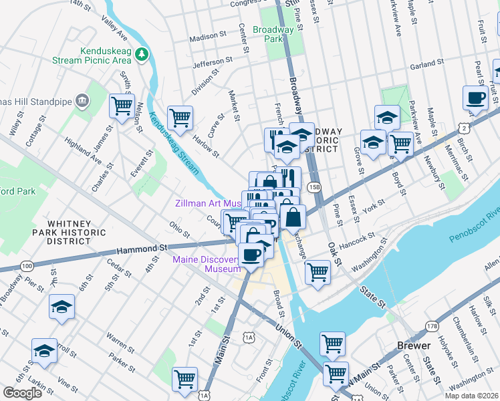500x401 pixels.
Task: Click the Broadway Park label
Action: [273, 35]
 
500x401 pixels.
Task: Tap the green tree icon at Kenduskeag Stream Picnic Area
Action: [142, 54]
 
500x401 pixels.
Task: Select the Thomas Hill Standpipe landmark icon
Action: [82, 100]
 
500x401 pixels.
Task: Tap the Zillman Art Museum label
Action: [207, 203]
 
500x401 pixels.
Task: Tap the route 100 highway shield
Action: [27, 266]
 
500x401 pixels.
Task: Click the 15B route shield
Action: [315, 188]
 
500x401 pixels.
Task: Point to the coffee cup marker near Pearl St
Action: [475, 98]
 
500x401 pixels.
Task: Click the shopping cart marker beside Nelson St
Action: [122, 106]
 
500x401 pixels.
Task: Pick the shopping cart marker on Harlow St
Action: [180, 118]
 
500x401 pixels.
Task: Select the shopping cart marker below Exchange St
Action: [318, 271]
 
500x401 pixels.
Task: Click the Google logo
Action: [22, 393]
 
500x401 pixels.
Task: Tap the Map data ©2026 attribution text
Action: [471, 396]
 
